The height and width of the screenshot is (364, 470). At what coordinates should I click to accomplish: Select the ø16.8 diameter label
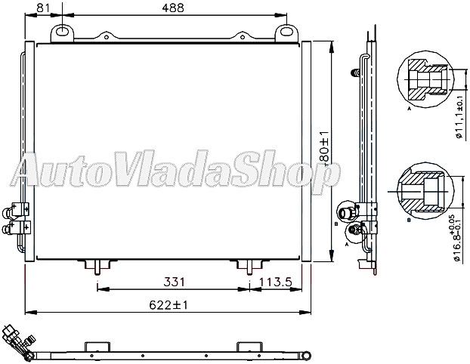coord(459,236)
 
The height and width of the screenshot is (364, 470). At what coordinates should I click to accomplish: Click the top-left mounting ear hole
coord(62,32)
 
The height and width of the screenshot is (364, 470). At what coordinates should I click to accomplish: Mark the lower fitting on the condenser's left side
coord(16,227)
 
